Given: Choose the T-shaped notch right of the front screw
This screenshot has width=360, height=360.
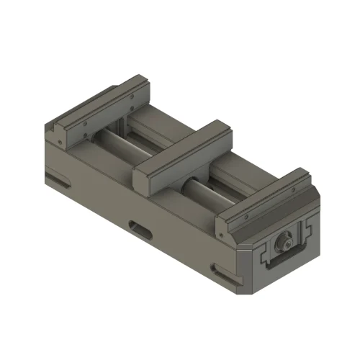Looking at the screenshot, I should pos(308,230).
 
